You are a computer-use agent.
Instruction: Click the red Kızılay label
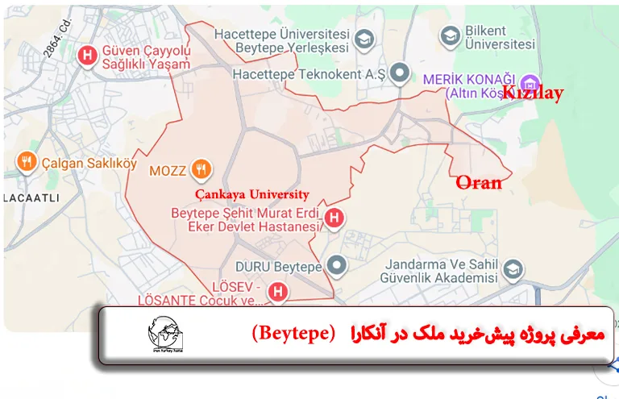pyautogui.click(x=533, y=93)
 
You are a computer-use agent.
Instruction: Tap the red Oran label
pyautogui.click(x=479, y=182)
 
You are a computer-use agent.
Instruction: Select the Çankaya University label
pyautogui.click(x=252, y=194)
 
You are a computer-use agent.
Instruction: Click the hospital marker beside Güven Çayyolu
pyautogui.click(x=88, y=56)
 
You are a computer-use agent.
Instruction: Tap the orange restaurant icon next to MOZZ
pyautogui.click(x=201, y=170)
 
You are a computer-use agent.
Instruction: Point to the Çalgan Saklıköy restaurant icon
pyautogui.click(x=27, y=162)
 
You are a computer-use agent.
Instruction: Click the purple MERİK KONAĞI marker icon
pyautogui.click(x=529, y=81)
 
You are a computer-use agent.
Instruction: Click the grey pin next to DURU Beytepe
pyautogui.click(x=336, y=264)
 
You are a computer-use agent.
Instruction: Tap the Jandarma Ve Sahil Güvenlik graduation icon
pyautogui.click(x=513, y=270)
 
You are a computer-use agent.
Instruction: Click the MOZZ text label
pyautogui.click(x=168, y=171)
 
